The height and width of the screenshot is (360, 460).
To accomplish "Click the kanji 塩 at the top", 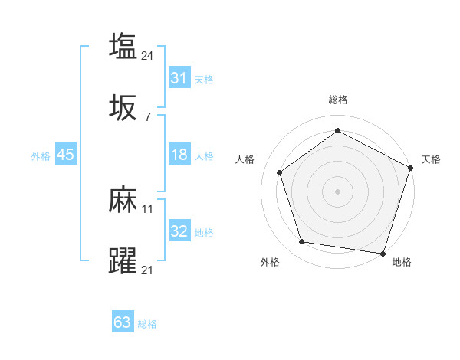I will click(x=123, y=45).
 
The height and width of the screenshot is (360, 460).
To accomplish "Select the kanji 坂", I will click(x=123, y=108).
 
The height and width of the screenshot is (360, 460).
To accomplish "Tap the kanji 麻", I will click(x=123, y=200).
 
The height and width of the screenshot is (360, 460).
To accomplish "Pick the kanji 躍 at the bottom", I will click(x=123, y=261).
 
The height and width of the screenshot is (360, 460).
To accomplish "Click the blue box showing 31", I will click(x=179, y=78).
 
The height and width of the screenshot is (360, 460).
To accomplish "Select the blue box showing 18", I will click(x=179, y=155).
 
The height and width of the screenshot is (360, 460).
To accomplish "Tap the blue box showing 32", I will click(x=179, y=232).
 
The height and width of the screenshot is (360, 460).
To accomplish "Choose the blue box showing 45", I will click(x=65, y=155).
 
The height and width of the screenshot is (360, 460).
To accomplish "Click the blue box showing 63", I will click(x=122, y=322).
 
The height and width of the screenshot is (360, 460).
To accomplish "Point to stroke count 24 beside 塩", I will click(x=148, y=55).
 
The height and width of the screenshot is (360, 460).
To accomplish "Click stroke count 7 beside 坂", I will click(x=147, y=117).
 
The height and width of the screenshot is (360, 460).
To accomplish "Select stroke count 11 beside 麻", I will click(x=148, y=208).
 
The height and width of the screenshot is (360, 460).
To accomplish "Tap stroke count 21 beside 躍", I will click(x=148, y=270).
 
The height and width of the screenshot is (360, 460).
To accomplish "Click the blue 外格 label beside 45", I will click(x=41, y=156).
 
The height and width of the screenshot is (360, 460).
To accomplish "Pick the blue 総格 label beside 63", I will click(x=147, y=324).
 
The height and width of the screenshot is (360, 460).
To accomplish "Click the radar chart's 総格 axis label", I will click(x=337, y=100).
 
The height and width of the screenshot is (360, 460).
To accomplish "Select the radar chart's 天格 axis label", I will click(x=431, y=159).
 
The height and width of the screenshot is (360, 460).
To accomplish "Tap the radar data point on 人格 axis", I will click(x=280, y=172).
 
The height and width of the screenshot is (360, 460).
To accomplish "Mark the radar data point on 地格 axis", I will click(x=383, y=253).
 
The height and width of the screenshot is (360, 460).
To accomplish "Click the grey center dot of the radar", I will click(x=337, y=191).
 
